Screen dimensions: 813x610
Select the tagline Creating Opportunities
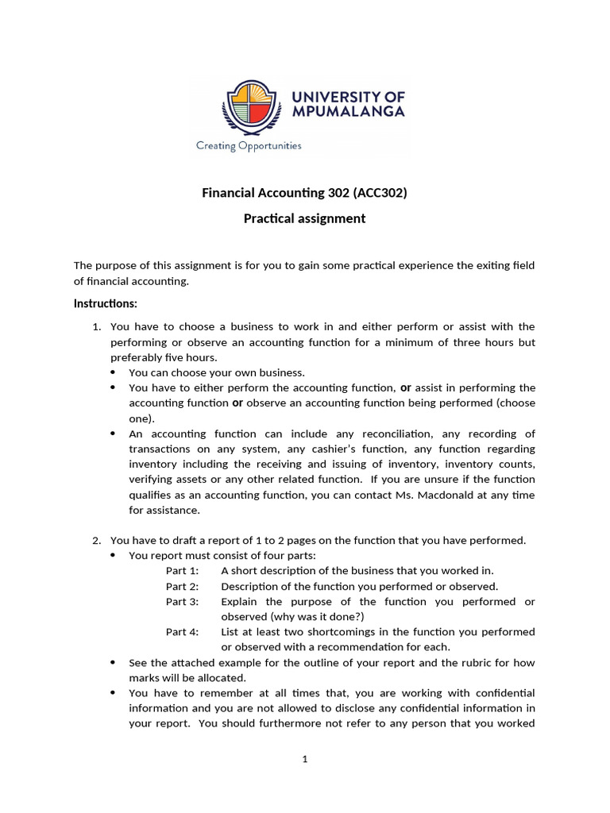pyautogui.click(x=249, y=145)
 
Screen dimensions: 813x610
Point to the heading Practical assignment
pyautogui.click(x=304, y=218)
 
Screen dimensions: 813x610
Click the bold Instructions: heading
pyautogui.click(x=106, y=303)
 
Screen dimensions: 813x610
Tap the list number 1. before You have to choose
pyautogui.click(x=97, y=326)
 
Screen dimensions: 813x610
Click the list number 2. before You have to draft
pyautogui.click(x=97, y=541)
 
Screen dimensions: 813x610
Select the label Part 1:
pyautogui.click(x=182, y=571)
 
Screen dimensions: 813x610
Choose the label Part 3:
pyautogui.click(x=182, y=601)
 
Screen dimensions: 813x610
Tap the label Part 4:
pyautogui.click(x=182, y=632)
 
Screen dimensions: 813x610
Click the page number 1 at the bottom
pyautogui.click(x=304, y=759)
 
